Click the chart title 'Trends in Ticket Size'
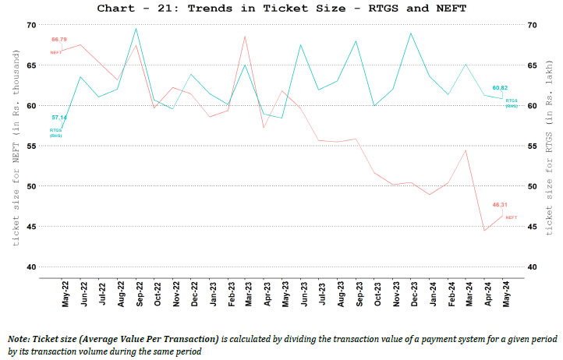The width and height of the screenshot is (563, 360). [281, 9]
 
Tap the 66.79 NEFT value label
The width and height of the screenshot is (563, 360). [59, 38]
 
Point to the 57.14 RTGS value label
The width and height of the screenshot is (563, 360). [59, 117]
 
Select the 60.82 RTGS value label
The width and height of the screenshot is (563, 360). [500, 88]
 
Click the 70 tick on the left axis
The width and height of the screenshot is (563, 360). [31, 25]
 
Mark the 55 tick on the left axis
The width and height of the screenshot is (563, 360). [31, 146]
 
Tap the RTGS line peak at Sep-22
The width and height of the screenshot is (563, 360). [136, 29]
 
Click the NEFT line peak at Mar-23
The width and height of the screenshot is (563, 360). [245, 36]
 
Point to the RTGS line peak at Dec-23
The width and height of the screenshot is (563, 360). [411, 33]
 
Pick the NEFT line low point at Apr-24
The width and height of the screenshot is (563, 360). [485, 252]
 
